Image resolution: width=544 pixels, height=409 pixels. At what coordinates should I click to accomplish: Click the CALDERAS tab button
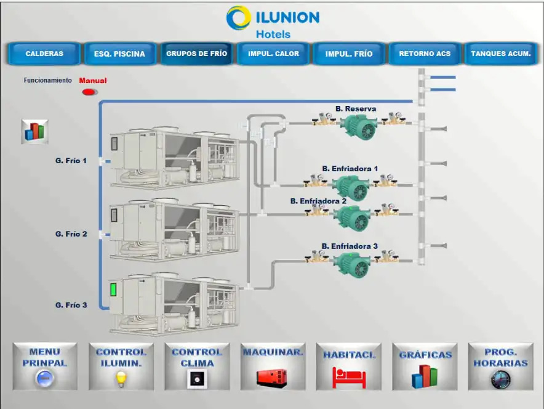click(44, 54)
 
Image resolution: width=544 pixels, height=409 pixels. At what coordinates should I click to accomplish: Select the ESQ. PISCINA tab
click(119, 54)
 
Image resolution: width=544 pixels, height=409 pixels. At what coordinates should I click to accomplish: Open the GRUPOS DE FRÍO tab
click(196, 54)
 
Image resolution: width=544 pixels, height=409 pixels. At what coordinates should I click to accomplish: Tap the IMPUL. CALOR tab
click(273, 54)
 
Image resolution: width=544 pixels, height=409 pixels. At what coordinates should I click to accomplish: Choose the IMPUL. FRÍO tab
click(349, 54)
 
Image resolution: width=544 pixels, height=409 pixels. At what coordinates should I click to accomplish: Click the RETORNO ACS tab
click(425, 54)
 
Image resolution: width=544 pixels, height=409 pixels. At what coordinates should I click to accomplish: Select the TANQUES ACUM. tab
click(500, 54)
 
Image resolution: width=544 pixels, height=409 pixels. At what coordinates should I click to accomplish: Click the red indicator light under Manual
click(89, 92)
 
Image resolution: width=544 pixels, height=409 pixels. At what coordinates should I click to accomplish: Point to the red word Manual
click(93, 81)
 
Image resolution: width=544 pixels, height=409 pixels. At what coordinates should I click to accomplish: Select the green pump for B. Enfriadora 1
click(351, 187)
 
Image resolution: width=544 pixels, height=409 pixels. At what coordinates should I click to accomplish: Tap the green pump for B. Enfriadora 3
click(351, 264)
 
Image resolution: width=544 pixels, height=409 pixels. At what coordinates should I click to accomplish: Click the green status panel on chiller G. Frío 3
click(113, 290)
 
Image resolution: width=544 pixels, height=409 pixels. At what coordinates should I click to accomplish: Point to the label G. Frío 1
click(71, 161)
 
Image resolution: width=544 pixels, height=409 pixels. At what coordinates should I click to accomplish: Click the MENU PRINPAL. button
click(45, 366)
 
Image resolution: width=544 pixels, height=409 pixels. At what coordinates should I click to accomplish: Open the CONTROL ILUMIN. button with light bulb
click(121, 366)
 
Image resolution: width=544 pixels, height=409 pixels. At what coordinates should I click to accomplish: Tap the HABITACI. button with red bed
click(349, 366)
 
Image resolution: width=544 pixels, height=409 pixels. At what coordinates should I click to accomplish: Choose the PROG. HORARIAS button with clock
click(500, 366)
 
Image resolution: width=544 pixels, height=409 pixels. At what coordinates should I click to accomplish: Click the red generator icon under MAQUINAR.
click(273, 376)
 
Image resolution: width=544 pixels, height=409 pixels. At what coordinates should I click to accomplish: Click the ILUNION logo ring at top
click(238, 18)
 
